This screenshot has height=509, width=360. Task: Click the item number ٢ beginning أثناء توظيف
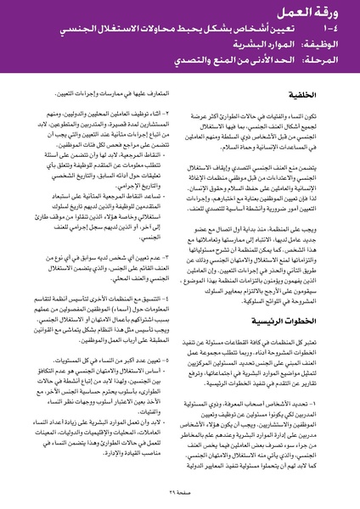point(167,137)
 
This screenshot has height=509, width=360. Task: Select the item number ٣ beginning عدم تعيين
point(167,278)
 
